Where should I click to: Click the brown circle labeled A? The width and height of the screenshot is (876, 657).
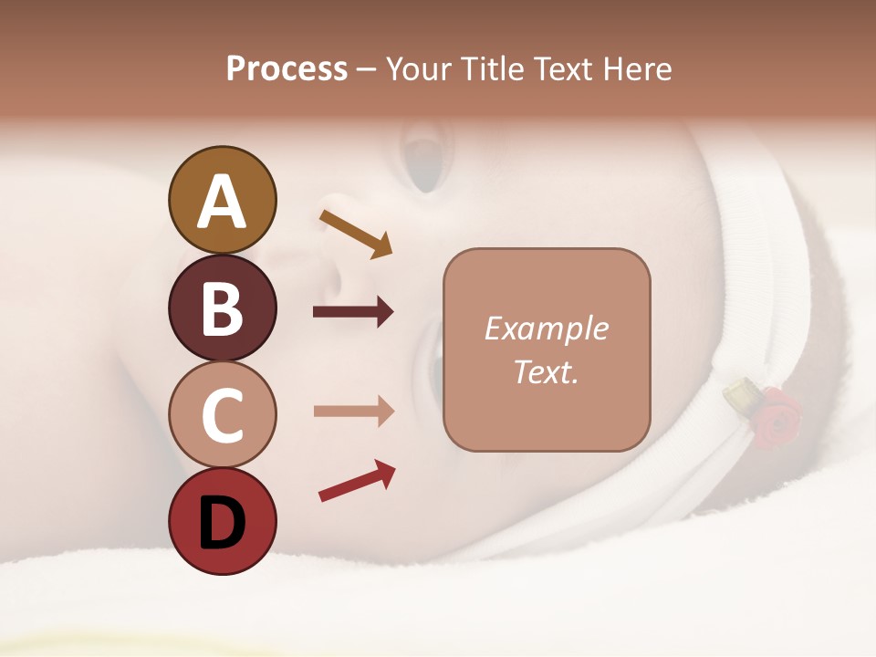pyautogui.click(x=222, y=201)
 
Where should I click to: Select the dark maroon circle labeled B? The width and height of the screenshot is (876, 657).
pyautogui.click(x=222, y=308)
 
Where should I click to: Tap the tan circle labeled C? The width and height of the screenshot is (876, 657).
pyautogui.click(x=222, y=415)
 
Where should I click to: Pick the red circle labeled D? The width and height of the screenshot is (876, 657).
pyautogui.click(x=222, y=522)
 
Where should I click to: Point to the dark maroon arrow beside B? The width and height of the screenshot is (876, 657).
pyautogui.click(x=353, y=312)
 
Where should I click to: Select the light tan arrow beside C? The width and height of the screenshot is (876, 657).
pyautogui.click(x=353, y=411)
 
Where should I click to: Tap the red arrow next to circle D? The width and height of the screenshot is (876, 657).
pyautogui.click(x=357, y=482)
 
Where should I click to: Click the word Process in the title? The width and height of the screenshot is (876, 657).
pyautogui.click(x=287, y=69)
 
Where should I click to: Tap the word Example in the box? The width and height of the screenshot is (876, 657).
pyautogui.click(x=547, y=328)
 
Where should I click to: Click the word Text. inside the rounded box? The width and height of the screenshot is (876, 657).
pyautogui.click(x=547, y=371)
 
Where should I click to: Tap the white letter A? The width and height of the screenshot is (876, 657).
pyautogui.click(x=222, y=202)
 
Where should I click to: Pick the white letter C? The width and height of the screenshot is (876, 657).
pyautogui.click(x=222, y=416)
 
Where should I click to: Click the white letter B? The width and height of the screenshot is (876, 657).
pyautogui.click(x=222, y=309)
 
